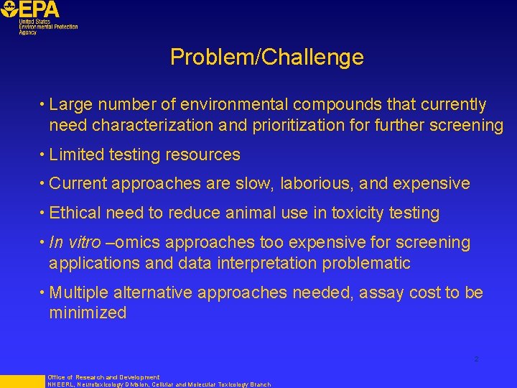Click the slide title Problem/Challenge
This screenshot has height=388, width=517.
click(266, 57)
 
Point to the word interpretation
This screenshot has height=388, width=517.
click(263, 263)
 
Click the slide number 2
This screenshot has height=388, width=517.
click(475, 359)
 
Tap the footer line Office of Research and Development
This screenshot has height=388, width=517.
click(103, 377)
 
